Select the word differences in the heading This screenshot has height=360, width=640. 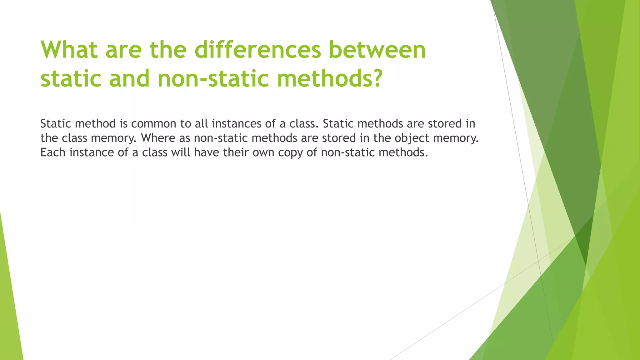pyautogui.click(x=258, y=50)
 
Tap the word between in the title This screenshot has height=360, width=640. pyautogui.click(x=377, y=50)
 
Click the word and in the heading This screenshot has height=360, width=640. pyautogui.click(x=129, y=78)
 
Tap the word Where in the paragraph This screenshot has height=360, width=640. pyautogui.click(x=158, y=138)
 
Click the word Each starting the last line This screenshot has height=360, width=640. pyautogui.click(x=53, y=152)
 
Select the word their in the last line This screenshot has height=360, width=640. pyautogui.click(x=236, y=152)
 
